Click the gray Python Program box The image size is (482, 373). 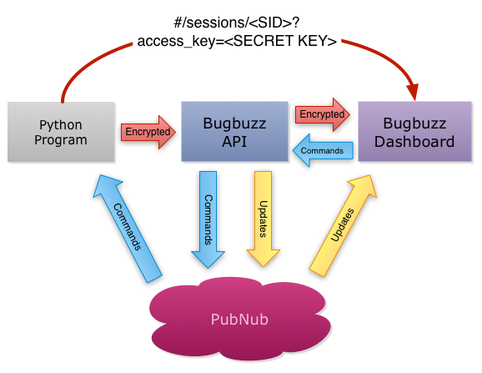(x=61, y=132)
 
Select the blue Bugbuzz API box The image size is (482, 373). (x=234, y=131)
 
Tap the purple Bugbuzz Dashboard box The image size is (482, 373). (x=414, y=131)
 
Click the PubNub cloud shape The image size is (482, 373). (x=240, y=319)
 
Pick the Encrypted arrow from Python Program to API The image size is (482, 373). (x=148, y=132)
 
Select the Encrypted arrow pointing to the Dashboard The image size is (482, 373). (x=323, y=114)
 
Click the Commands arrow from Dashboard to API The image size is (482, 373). (x=323, y=150)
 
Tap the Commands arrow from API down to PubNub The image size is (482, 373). (x=208, y=219)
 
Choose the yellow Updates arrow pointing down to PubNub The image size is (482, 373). (x=264, y=219)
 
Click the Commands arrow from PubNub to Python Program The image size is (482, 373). (x=128, y=228)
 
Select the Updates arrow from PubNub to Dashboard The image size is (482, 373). (x=343, y=225)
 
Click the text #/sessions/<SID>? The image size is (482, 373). (x=237, y=23)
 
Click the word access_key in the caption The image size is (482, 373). (x=176, y=42)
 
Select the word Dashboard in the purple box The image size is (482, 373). (x=414, y=142)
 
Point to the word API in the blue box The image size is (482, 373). (x=234, y=142)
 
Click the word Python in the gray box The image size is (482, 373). (x=61, y=125)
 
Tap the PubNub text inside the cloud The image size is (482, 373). (x=239, y=320)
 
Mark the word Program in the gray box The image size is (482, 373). (x=61, y=140)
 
